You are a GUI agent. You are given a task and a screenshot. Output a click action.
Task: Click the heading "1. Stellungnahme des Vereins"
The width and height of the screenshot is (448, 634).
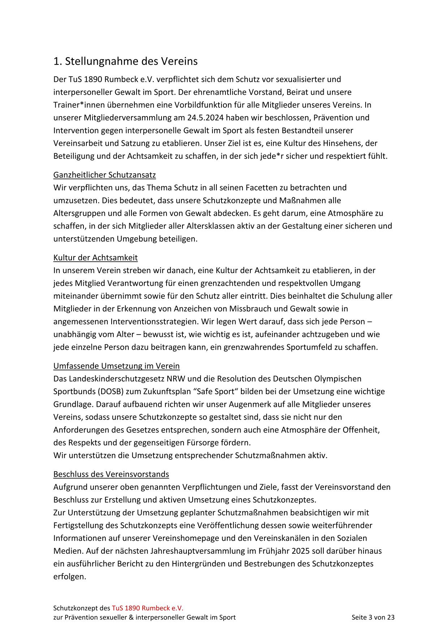pos(125,61)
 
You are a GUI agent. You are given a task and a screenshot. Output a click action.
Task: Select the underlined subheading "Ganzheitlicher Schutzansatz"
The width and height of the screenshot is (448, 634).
pos(104,175)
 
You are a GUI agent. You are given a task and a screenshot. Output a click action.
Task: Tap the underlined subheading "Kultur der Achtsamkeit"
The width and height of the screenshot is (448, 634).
pos(95,258)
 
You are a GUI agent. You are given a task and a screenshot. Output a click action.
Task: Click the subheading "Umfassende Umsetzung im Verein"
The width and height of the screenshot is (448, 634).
pos(116,366)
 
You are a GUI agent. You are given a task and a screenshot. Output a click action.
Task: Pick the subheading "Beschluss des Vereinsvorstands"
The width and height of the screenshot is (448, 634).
pos(111,474)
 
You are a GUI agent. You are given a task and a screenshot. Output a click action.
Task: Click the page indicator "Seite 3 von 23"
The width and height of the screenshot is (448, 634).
pos(373,617)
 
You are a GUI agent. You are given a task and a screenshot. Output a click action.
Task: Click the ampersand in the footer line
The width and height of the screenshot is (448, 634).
pos(131,617)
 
